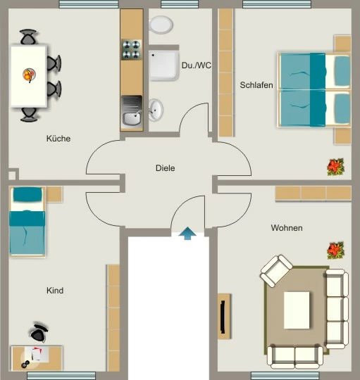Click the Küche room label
point(58,139)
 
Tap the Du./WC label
point(197,65)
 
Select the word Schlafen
point(256,85)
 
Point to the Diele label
point(165,168)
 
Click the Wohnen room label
point(287,228)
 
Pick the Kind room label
point(55,291)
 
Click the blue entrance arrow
point(187,234)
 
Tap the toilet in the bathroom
point(161,25)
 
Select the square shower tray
point(163,65)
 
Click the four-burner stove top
point(131,50)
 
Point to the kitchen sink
point(132,112)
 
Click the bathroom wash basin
point(156,110)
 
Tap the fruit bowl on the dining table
point(30,75)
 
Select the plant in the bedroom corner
point(335,167)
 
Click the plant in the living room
point(335,251)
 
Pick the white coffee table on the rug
point(297,310)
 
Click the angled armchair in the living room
point(276,271)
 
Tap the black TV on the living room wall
point(223,317)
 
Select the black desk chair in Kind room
point(38,333)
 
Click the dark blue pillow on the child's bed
point(27,194)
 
